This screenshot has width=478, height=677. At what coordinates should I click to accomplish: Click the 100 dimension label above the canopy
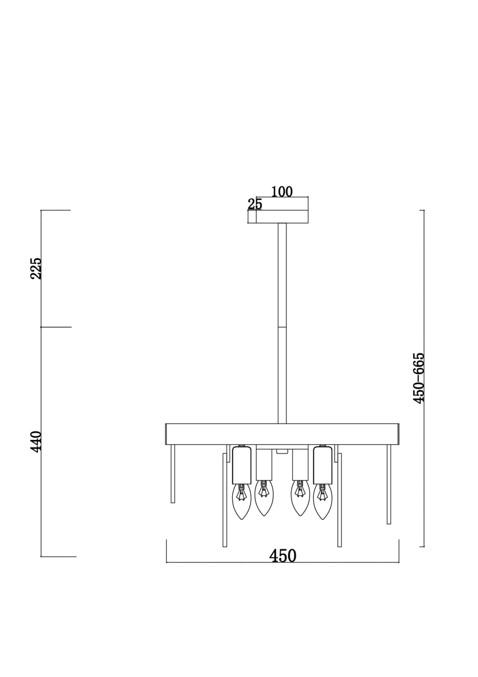point(282,192)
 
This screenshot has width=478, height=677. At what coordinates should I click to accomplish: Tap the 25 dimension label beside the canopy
point(255,204)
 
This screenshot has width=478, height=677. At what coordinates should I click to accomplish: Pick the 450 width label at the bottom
point(283,556)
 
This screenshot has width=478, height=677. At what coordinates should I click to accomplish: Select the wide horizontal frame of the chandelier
point(282,434)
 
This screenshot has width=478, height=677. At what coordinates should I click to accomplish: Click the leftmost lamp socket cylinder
point(241,465)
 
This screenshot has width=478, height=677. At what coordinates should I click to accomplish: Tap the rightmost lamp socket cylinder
point(322,465)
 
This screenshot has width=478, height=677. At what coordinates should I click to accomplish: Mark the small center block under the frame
point(282,450)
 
